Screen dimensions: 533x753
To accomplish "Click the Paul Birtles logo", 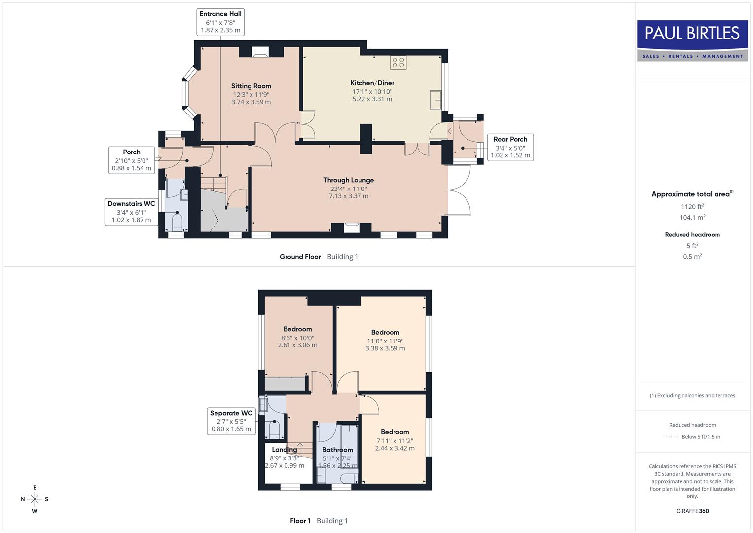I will (x=692, y=40).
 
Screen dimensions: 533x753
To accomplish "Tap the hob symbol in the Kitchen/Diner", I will (x=398, y=63).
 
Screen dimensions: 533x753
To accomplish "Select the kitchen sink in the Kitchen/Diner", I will (x=435, y=100).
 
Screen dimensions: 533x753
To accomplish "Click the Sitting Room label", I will (x=251, y=86).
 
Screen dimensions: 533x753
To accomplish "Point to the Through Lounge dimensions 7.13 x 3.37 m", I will (x=349, y=196).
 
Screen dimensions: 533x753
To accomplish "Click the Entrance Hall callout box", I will (x=220, y=22).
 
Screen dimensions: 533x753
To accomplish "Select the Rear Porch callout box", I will (x=510, y=147).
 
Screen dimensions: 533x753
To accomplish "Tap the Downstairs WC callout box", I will (x=131, y=212).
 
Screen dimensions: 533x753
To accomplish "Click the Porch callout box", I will (x=131, y=160).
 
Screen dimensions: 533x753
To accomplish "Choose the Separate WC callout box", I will (x=231, y=421).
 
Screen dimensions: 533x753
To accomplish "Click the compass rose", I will (x=35, y=499).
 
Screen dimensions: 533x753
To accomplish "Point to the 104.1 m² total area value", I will (x=692, y=217).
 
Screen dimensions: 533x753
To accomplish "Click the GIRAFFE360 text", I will (x=692, y=511).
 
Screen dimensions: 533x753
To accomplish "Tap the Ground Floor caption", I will (x=300, y=257).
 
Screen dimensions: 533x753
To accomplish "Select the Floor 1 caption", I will (x=300, y=521).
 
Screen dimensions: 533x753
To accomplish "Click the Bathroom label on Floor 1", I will (x=337, y=450).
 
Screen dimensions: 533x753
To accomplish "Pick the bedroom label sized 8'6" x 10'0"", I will (x=297, y=329).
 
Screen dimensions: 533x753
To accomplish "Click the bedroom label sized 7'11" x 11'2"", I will (x=394, y=432).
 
